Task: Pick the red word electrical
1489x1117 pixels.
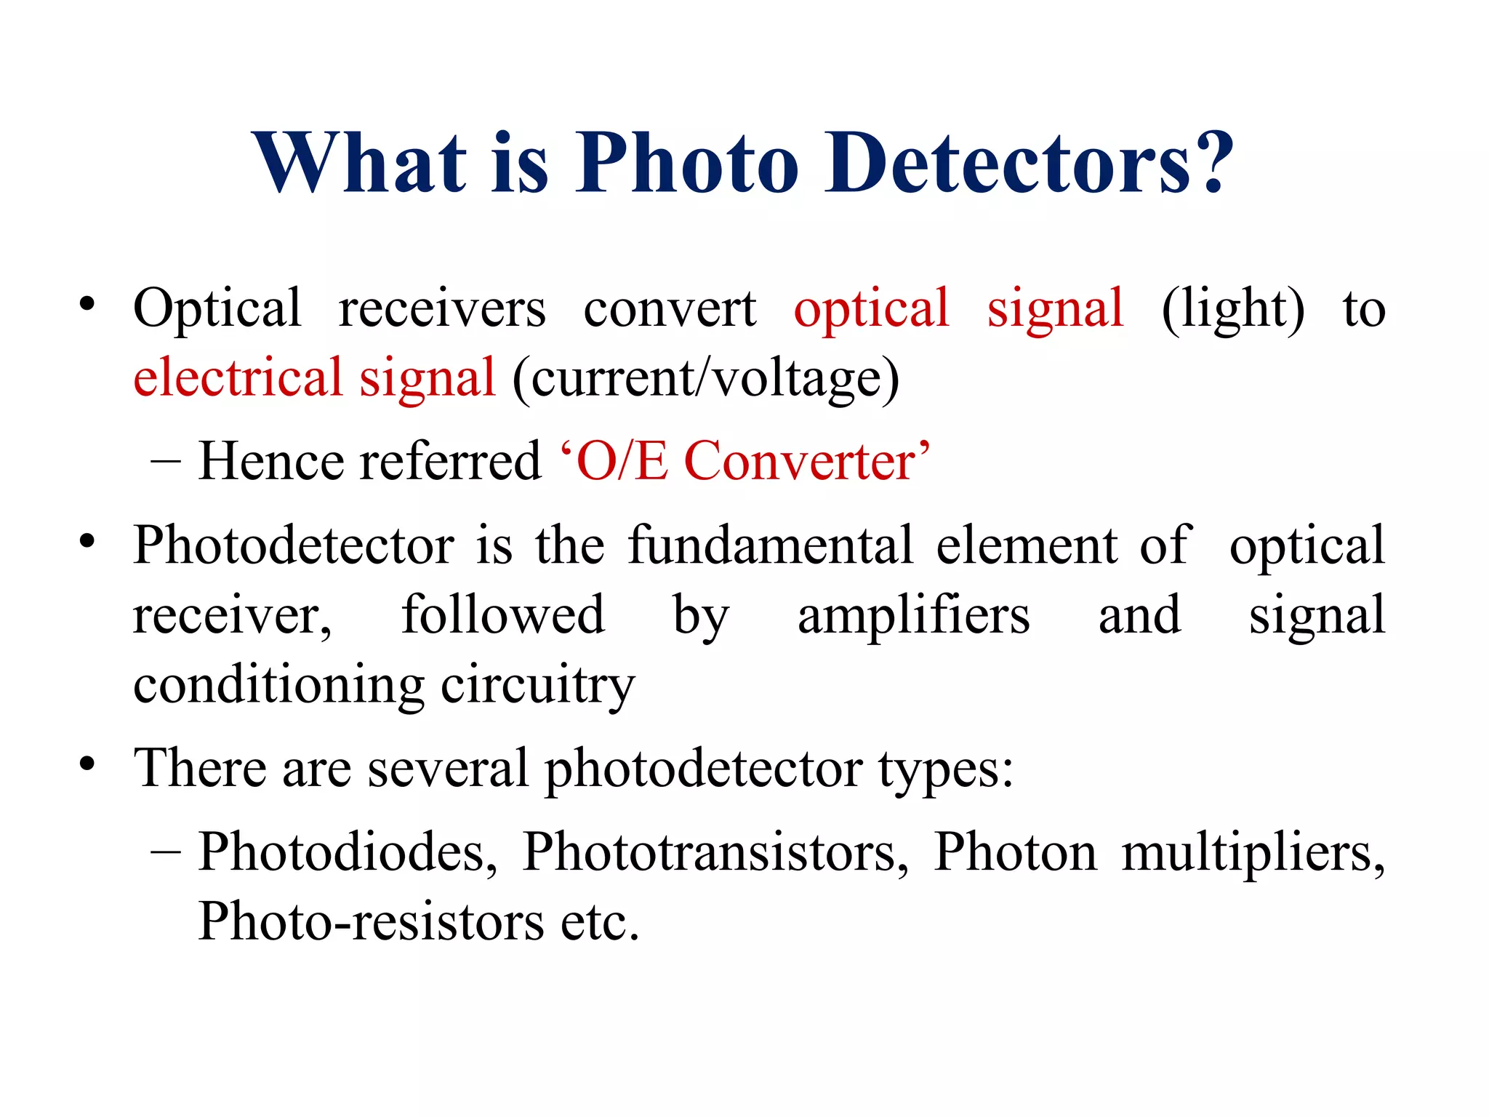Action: point(237,378)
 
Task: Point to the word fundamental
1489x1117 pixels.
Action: point(770,545)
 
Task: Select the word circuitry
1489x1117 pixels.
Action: point(538,686)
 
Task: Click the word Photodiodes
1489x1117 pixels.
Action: point(348,852)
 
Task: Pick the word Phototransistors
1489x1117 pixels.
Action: point(715,852)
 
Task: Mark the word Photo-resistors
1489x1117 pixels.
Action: point(371,922)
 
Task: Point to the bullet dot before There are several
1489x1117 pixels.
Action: point(88,764)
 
